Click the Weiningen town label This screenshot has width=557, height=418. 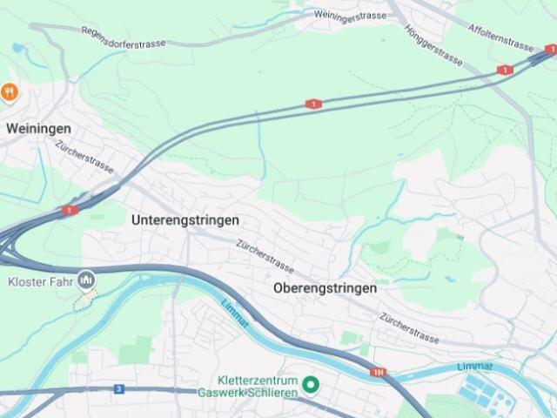pyautogui.click(x=38, y=128)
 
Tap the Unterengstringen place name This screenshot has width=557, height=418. pyautogui.click(x=185, y=220)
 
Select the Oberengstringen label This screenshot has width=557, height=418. pyautogui.click(x=325, y=287)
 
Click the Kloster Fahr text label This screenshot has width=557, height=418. pyautogui.click(x=41, y=281)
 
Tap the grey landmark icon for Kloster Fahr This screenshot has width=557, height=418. pyautogui.click(x=86, y=280)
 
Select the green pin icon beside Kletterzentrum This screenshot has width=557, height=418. pyautogui.click(x=310, y=384)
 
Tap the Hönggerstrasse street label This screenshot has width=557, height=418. pyautogui.click(x=433, y=44)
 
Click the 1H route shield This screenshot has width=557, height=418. pyautogui.click(x=378, y=372)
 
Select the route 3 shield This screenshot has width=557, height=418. pyautogui.click(x=118, y=389)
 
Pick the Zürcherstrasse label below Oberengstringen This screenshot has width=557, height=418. pyautogui.click(x=409, y=327)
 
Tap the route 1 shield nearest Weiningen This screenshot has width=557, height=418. pyautogui.click(x=70, y=210)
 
